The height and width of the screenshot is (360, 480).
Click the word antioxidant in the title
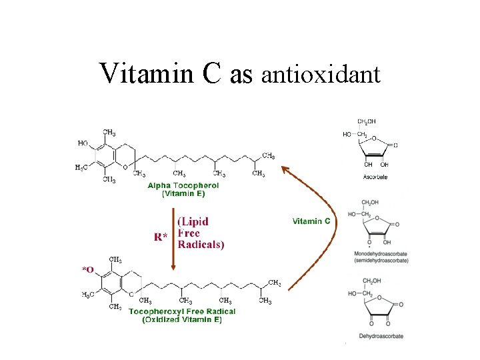[x=321, y=75]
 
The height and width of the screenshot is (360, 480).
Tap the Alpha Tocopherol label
[x=183, y=185]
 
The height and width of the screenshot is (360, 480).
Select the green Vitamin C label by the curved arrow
[x=311, y=221]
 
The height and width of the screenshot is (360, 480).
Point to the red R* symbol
[x=161, y=237]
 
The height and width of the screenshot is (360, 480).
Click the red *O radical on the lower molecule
[x=87, y=269]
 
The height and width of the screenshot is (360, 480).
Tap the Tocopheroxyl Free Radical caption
[x=182, y=311]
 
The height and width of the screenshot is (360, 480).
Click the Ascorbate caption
[x=375, y=177]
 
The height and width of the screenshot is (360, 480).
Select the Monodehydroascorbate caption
[x=382, y=254]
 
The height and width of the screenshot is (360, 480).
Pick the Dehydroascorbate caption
[x=381, y=336]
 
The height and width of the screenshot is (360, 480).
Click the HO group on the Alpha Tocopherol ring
[x=83, y=143]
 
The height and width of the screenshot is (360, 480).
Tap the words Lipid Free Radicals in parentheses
[x=201, y=232]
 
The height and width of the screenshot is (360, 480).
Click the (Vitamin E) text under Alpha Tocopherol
[x=183, y=193]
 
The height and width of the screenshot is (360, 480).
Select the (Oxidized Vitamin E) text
[x=182, y=320]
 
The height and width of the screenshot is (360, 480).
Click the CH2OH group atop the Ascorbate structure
[x=367, y=122]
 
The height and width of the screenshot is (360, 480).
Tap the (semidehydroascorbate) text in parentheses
[x=382, y=261]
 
